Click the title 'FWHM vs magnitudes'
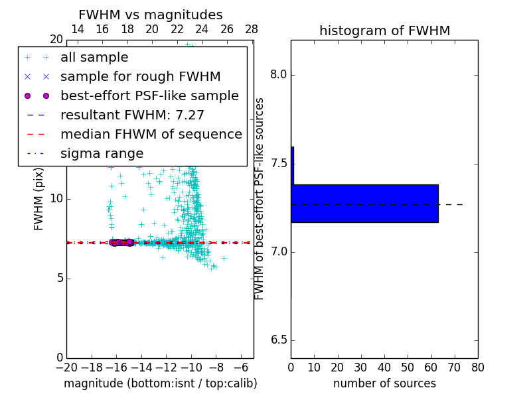click(151, 15)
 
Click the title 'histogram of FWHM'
click(384, 31)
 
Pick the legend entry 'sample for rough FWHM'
click(140, 77)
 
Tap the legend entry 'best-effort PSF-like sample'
click(149, 96)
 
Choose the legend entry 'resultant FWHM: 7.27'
click(132, 115)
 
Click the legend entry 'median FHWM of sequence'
click(151, 135)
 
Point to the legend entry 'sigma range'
click(102, 154)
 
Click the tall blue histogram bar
click(364, 203)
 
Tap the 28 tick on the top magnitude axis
click(252, 29)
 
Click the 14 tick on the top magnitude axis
click(77, 29)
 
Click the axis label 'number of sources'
click(384, 383)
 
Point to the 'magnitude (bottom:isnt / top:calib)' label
click(160, 383)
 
